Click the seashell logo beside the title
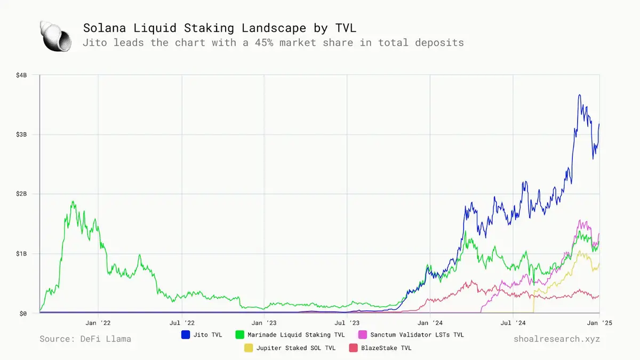coord(55,37)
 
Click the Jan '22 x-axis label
coord(98,323)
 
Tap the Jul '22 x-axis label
coord(182,323)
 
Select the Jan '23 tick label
coord(264,323)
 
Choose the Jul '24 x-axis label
coord(513,323)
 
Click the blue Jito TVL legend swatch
coord(186,335)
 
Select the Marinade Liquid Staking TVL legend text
coord(295,335)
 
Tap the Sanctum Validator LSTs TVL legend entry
coord(417,335)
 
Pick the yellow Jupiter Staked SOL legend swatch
coord(248,348)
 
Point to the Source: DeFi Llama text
coord(85,339)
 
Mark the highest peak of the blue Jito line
coord(579,95)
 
